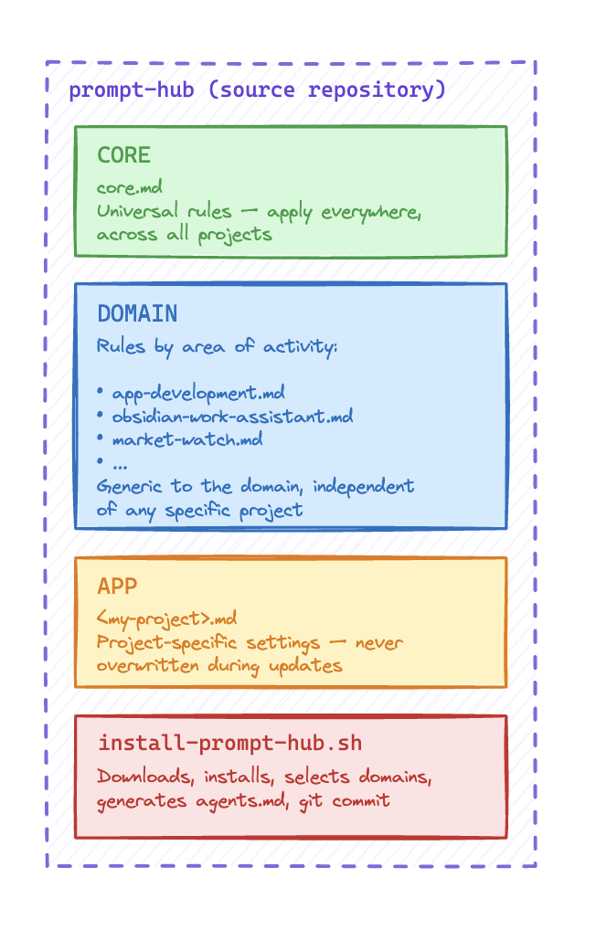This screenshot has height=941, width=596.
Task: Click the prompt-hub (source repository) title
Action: tap(257, 90)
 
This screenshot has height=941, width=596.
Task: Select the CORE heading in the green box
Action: tap(123, 155)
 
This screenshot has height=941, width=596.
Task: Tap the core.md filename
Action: tap(129, 188)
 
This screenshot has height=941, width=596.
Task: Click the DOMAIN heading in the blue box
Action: tap(137, 313)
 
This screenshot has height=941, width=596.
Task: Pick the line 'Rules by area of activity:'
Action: tap(218, 347)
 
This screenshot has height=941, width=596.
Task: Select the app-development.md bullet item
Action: tap(197, 394)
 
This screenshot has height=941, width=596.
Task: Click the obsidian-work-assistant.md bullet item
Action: tap(232, 417)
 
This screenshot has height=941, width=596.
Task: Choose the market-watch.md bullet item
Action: tap(186, 439)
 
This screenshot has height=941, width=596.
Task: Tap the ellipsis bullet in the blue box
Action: tap(119, 463)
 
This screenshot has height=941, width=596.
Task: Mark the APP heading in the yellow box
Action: tap(117, 586)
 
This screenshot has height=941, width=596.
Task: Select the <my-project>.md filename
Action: tap(166, 619)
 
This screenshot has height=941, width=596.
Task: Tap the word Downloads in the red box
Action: tap(144, 777)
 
